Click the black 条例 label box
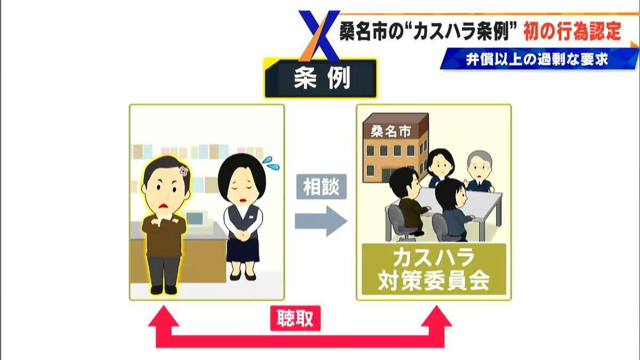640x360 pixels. pos(321,78)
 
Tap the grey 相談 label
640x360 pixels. pos(322,187)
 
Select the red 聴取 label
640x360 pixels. pos(295,318)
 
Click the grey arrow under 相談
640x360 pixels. pos(321,221)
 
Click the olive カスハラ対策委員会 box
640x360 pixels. pos(434,269)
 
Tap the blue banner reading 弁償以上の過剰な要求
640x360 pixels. pos(539,59)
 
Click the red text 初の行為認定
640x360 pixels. pos(572,32)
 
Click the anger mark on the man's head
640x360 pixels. pos(183,171)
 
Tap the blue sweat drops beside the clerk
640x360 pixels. pos(270,164)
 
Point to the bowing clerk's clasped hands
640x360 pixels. pos(243,235)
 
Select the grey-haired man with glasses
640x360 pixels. pos(479,172)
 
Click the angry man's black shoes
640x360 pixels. pos(163,290)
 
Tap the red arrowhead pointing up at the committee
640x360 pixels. pos(437,316)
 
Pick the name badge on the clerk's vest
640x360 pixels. pos(251,217)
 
